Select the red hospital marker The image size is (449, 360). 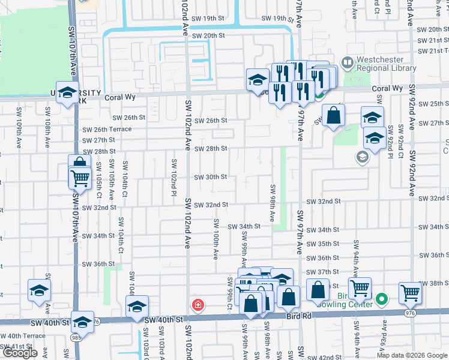tap(197, 305)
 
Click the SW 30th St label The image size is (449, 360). tap(210, 177)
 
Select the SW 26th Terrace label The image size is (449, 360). tap(107, 130)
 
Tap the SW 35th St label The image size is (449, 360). tap(322, 244)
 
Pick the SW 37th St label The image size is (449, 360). tap(328, 272)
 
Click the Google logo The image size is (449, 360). tap(20, 353)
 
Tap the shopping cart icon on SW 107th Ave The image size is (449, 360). tap(79, 178)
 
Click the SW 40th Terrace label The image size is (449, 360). tap(23, 336)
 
